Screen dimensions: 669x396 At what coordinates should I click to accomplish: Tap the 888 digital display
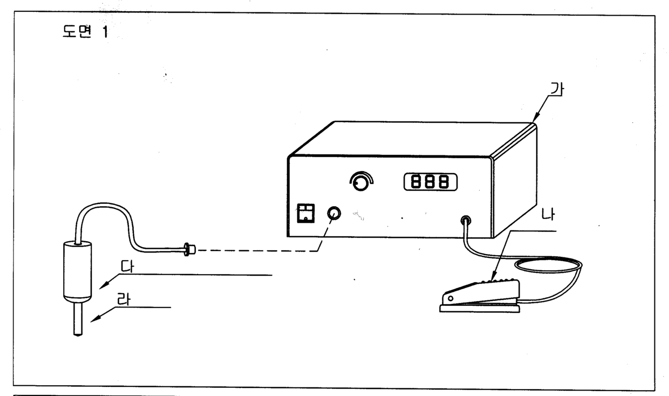[430, 182]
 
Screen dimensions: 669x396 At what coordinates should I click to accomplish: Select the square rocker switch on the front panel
[306, 213]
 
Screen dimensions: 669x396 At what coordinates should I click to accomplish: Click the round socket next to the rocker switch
[334, 213]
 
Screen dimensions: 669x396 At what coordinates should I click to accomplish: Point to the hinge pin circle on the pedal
[450, 298]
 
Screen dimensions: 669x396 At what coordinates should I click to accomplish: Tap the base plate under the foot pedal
[480, 309]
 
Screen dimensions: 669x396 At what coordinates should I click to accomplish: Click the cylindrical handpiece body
[78, 270]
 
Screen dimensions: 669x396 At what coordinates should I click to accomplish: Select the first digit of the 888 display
[417, 182]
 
